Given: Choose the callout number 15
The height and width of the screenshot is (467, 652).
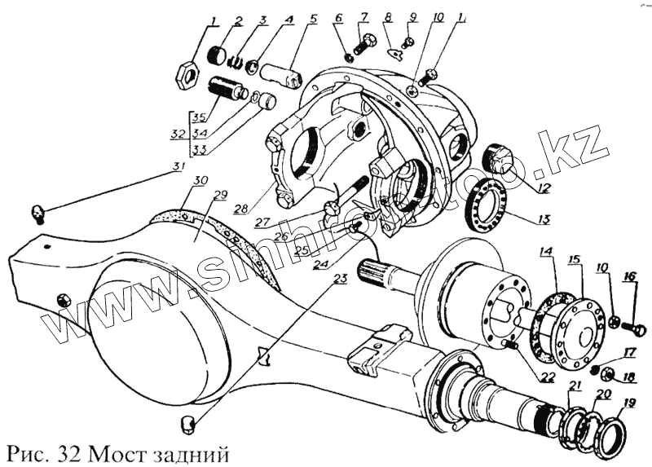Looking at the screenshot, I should (575, 259).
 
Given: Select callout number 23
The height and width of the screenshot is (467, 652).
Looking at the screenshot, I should (339, 280).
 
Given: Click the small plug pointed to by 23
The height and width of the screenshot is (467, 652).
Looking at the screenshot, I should (186, 424).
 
